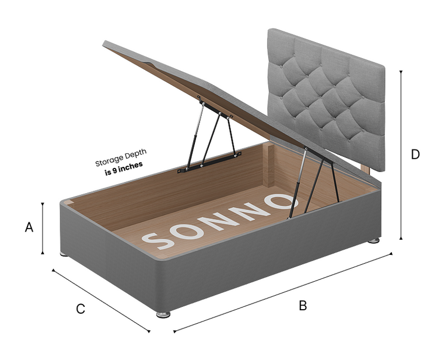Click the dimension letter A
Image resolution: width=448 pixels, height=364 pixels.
coord(29,228)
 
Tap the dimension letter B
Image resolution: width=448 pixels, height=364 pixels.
coord(303,306)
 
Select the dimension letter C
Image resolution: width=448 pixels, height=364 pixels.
coord(80,309)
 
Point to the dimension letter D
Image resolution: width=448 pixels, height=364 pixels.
coord(415,155)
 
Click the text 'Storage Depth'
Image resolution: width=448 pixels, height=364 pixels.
coord(121,157)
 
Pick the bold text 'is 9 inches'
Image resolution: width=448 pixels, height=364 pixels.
coord(124,169)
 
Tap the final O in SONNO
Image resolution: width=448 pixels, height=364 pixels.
coord(281,201)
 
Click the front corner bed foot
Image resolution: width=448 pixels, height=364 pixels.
coord(163,314)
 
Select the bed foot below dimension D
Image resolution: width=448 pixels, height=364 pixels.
coord(374,240)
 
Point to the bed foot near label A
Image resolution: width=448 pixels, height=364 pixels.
coord(64,254)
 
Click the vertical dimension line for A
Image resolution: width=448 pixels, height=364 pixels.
coord(43,228)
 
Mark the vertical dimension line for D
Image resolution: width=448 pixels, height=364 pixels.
coord(401,155)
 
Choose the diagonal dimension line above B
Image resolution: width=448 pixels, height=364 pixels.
coord(283,292)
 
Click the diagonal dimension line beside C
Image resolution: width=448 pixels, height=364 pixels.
coord(101,300)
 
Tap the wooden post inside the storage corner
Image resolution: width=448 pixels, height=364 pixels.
coord(268,165)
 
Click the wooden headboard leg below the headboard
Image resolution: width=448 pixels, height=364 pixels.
coord(366,169)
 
